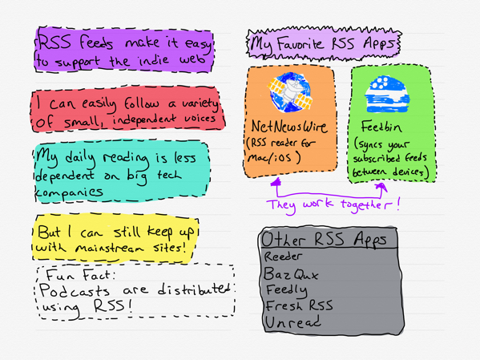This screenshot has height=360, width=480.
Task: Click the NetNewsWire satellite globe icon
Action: point(290,92)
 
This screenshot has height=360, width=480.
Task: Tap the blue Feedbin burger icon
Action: point(387,94)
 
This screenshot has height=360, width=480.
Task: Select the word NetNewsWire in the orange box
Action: point(289,126)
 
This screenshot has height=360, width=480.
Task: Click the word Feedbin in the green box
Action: point(381,127)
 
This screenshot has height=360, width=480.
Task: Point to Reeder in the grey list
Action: point(283,256)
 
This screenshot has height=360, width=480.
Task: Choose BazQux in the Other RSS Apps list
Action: point(291,273)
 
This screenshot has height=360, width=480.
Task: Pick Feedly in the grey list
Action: point(287,290)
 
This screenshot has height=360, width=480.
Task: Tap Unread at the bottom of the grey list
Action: point(293,322)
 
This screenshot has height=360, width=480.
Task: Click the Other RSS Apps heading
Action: point(325,239)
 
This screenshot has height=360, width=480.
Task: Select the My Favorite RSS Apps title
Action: point(323,44)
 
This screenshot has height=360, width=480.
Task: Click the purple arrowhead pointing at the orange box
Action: point(276,181)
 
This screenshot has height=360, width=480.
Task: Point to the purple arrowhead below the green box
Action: point(381,187)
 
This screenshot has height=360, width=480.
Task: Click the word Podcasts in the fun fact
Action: point(75,290)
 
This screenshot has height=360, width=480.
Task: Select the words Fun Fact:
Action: point(81,275)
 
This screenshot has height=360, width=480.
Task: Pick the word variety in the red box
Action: point(200,103)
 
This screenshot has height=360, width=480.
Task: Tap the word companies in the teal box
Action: point(69,192)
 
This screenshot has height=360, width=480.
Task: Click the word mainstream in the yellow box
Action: point(109,248)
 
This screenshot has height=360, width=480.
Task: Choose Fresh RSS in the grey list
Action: point(299,305)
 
